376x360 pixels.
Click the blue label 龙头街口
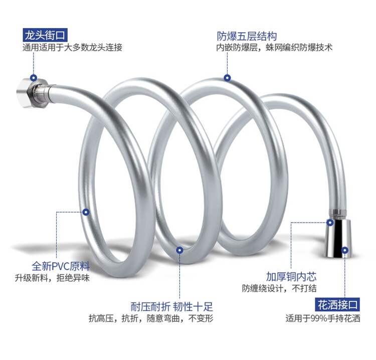tap(45, 36)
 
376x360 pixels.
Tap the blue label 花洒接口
tap(338, 304)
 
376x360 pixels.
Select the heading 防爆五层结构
tap(247, 36)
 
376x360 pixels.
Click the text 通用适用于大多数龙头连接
tap(72, 48)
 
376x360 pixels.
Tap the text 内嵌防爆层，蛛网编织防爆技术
tap(275, 48)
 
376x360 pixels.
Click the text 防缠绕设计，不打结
tap(279, 289)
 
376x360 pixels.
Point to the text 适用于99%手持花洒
tap(323, 318)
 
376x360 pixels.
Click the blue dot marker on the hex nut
tap(34, 78)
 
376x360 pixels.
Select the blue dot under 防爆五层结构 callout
tap(227, 78)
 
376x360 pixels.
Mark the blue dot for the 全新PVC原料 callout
tap(86, 212)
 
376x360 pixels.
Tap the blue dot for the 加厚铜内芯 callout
tap(330, 222)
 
